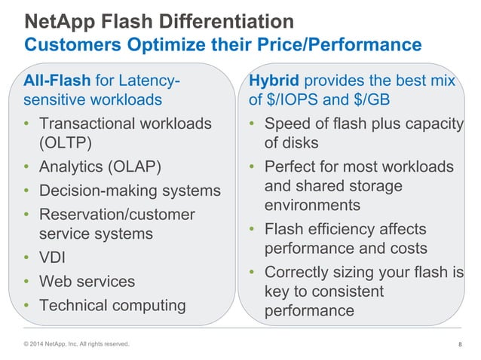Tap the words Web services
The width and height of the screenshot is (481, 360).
[x=87, y=281]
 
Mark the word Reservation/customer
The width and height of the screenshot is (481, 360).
[x=117, y=215]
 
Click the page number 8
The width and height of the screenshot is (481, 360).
[x=460, y=345]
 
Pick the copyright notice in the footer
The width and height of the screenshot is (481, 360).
[x=76, y=345]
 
